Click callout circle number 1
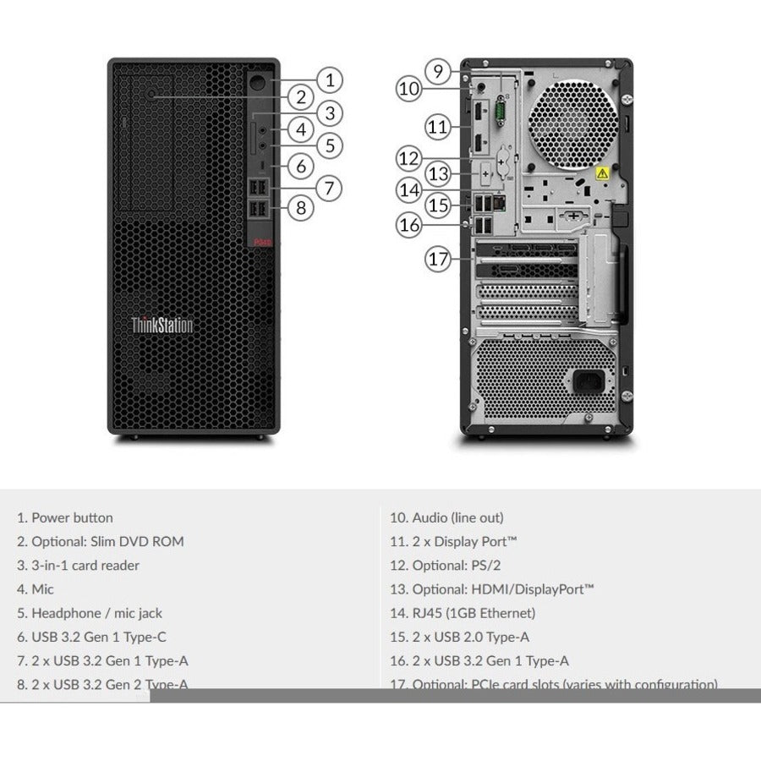point(330,80)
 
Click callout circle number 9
point(437,71)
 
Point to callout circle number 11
point(437,127)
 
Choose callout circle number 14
point(410,189)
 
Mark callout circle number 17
point(437,259)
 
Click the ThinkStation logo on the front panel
point(162,325)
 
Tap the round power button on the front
point(258,85)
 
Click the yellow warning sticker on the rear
point(602,173)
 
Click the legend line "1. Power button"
point(65,517)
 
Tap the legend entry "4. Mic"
point(36,589)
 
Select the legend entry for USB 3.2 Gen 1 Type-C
point(93,637)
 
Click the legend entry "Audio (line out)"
point(446,517)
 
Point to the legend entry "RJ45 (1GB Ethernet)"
point(463,613)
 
